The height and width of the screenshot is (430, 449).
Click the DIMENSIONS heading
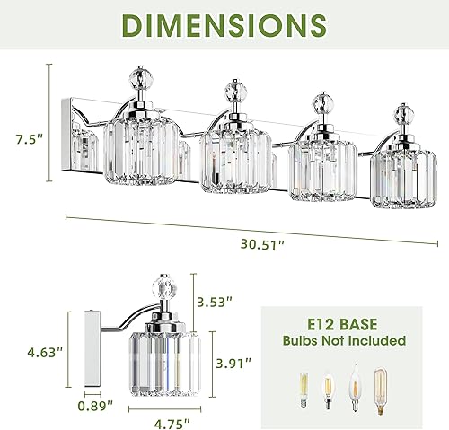point(224,28)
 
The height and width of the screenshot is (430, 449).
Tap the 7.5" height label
point(31,138)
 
